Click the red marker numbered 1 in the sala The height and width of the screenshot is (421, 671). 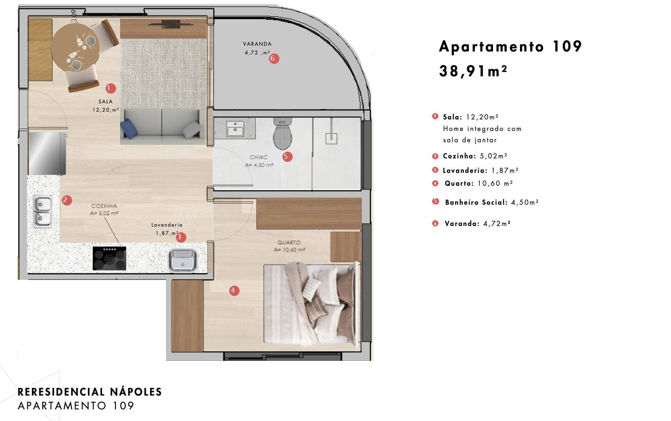tap(110, 88)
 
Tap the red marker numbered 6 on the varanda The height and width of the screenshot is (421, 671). tap(274, 59)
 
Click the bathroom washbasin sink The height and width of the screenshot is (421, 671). tap(235, 129)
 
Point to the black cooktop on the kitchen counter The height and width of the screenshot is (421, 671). tap(109, 258)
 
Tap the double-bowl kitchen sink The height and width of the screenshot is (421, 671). tap(43, 211)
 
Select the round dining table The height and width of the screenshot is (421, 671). tap(75, 47)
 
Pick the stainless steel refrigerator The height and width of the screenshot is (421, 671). tap(47, 154)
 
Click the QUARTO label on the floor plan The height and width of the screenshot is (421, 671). tap(289, 242)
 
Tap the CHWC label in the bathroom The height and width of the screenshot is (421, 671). tap(259, 157)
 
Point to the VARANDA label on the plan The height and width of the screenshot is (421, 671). tap(257, 44)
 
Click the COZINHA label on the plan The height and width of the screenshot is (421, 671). tap(104, 206)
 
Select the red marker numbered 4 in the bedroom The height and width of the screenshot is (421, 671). tap(234, 291)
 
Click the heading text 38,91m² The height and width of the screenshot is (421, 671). tap(473, 71)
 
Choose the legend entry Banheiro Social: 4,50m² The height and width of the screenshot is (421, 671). tap(492, 202)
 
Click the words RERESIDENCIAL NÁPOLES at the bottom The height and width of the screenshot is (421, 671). tap(90, 392)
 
